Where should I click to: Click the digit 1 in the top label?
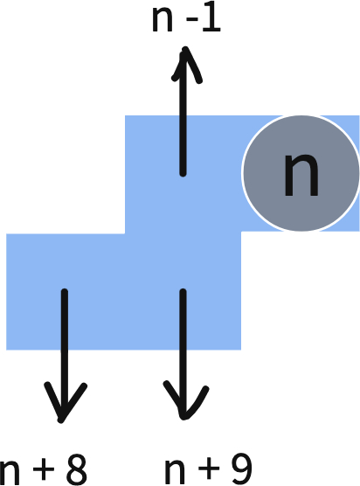[x=211, y=19]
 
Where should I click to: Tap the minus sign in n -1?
[x=192, y=21]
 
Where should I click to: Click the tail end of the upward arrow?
[x=183, y=174]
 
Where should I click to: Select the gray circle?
[x=301, y=173]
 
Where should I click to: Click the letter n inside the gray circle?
[x=301, y=176]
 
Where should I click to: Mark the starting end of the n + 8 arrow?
[x=65, y=292]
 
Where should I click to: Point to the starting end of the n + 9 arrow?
[x=183, y=292]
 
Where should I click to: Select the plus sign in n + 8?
[x=44, y=469]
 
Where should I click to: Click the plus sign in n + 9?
[x=209, y=469]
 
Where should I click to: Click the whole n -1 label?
[x=186, y=19]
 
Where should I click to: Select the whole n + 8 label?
[x=44, y=470]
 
